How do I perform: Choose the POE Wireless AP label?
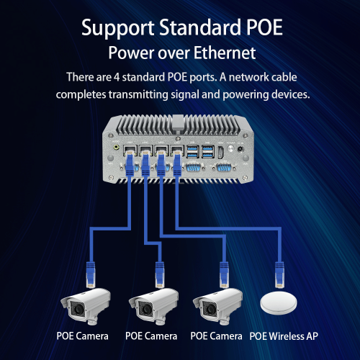[283, 336]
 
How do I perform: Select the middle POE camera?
[152, 306]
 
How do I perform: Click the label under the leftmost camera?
[82, 336]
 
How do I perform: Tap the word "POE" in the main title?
[256, 30]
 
